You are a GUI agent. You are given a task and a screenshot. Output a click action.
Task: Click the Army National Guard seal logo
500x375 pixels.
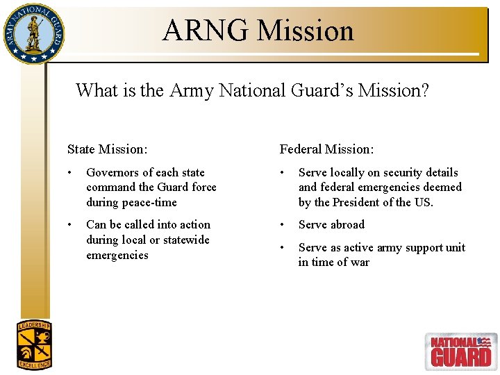[33, 33]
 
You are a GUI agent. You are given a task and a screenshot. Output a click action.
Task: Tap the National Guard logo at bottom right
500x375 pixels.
[460, 351]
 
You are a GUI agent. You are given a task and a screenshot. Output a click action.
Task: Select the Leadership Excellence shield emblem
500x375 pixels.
[34, 345]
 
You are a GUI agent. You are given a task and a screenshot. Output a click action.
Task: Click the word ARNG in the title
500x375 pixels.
[206, 31]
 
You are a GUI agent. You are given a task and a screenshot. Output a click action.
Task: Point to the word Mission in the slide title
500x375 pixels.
[306, 31]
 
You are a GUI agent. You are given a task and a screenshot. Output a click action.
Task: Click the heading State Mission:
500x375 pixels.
[107, 149]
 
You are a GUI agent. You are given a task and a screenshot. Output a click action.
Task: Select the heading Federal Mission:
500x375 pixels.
[326, 149]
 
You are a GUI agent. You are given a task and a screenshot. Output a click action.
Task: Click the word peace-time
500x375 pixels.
[151, 203]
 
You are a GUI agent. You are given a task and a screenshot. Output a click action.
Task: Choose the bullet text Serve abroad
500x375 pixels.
[331, 225]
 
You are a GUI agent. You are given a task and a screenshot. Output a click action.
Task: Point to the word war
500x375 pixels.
[360, 262]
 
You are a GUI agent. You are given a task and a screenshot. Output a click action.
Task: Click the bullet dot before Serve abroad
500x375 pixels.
[283, 225]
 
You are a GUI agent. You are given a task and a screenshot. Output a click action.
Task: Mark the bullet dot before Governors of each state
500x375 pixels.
[70, 172]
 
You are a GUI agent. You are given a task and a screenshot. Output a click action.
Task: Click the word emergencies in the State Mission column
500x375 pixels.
[117, 256]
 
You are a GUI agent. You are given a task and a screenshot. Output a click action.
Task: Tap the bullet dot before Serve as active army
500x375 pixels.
[283, 248]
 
